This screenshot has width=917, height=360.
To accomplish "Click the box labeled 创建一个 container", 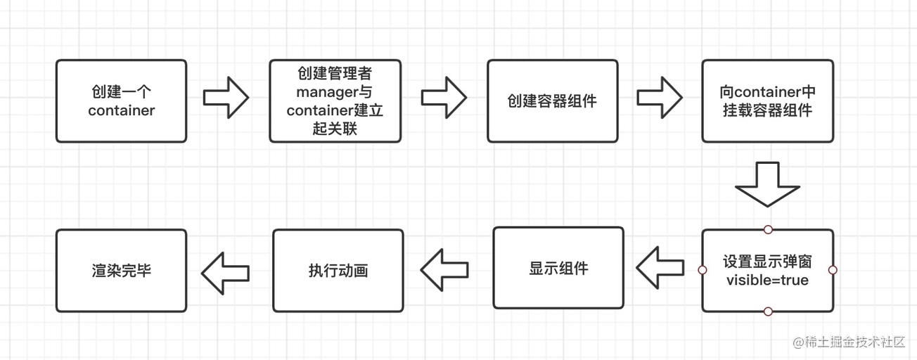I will point(121,101).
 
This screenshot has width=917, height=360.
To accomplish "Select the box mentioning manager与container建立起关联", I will point(335,101).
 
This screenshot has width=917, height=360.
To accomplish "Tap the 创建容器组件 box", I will point(552,101).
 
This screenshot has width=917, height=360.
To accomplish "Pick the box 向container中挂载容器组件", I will point(767,101).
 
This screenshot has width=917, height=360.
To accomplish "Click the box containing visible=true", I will point(767,271).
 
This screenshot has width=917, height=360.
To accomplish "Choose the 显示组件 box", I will point(558,268).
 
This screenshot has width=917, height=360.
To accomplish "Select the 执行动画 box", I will point(338,271).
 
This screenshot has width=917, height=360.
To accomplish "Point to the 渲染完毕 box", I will point(121,271).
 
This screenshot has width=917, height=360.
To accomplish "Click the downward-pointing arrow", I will point(767,184).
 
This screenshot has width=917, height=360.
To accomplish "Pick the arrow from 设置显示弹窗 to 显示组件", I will point(660,268).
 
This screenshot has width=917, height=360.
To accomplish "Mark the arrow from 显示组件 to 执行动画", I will point(444,269).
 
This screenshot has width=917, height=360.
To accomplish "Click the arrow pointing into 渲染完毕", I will point(225,272).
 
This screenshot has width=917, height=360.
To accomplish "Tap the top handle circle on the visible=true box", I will point(768,229).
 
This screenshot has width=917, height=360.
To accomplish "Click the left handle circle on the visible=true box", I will point(702,270).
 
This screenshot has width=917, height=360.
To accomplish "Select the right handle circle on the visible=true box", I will point(833,270).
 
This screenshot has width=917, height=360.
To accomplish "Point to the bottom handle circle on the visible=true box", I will point(768,311).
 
